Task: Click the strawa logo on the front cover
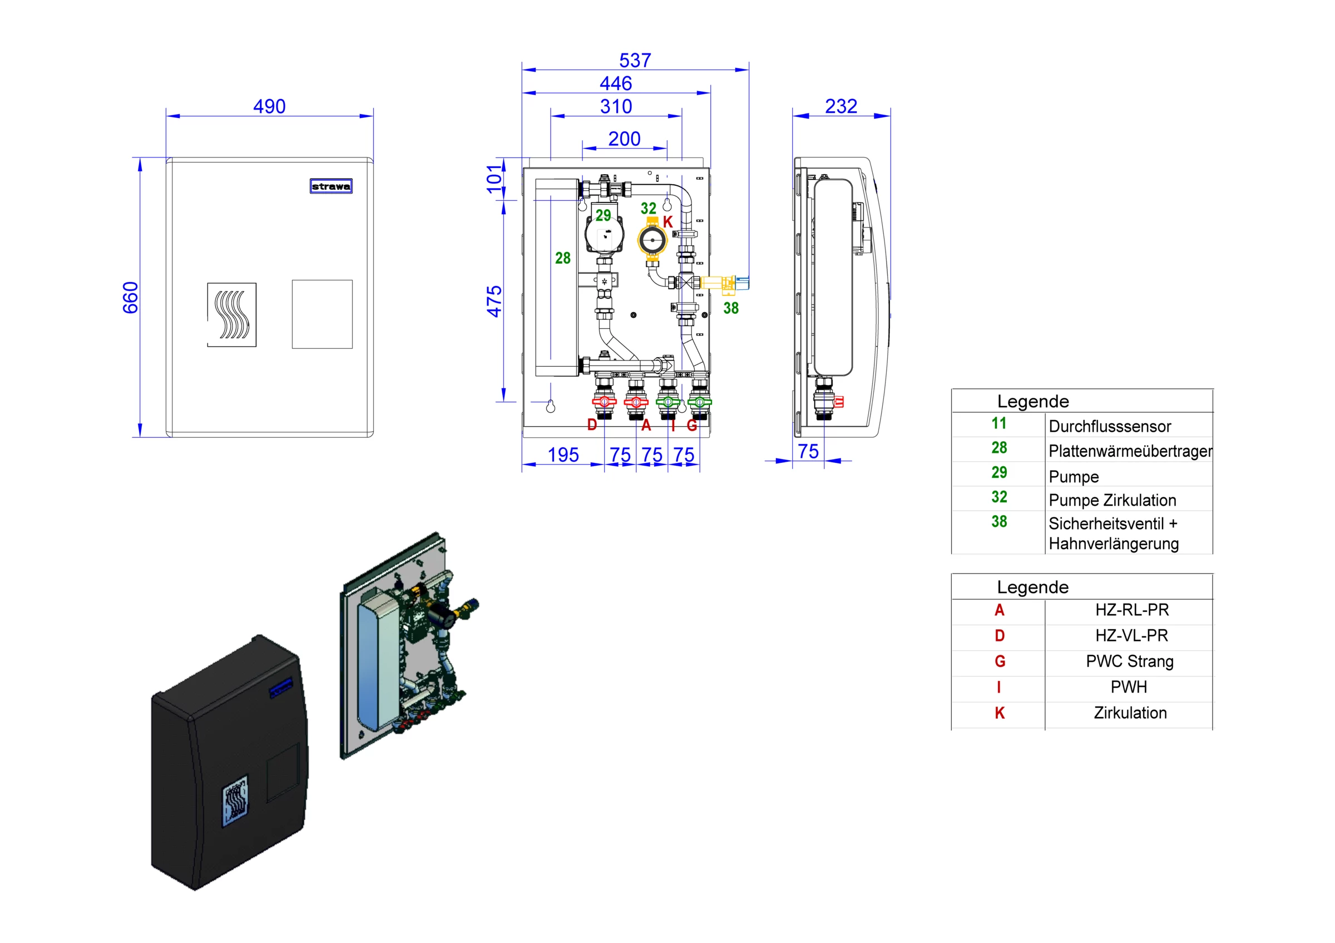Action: [x=331, y=186]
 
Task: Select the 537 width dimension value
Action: [x=635, y=61]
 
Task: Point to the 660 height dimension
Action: [x=130, y=298]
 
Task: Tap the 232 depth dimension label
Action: [x=840, y=106]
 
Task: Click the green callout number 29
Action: [x=603, y=216]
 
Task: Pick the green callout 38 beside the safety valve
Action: [x=731, y=308]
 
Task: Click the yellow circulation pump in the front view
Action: [x=652, y=240]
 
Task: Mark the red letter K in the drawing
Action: [x=667, y=221]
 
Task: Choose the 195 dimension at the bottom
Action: [x=563, y=455]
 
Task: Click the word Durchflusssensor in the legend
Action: [x=1109, y=427]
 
